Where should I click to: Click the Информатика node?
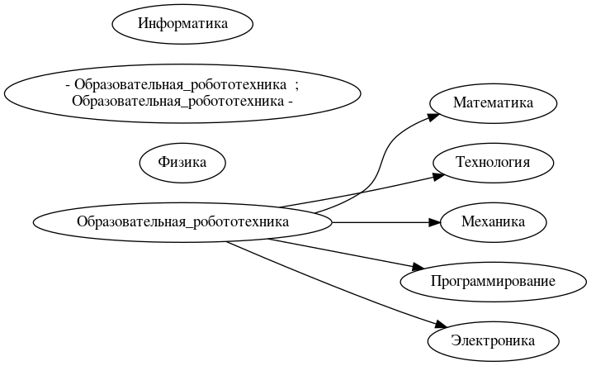[182, 23]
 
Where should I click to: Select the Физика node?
[182, 162]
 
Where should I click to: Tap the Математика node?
[494, 102]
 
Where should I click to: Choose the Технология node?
[494, 162]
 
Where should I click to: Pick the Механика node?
[494, 221]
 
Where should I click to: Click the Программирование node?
[494, 281]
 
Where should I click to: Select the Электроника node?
[494, 340]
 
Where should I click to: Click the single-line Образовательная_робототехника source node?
[182, 221]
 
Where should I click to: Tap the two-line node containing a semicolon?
[182, 93]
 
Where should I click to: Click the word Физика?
[182, 162]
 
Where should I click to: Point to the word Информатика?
[182, 23]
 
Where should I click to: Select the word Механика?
[494, 221]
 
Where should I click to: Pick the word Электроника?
[494, 340]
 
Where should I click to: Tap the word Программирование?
[494, 281]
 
